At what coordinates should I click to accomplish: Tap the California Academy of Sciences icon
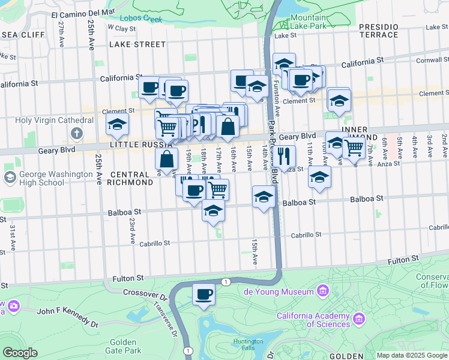360,317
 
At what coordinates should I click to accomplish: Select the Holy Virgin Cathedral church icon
76,133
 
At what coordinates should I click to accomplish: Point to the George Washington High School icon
10,177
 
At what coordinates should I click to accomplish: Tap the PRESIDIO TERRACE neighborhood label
378,31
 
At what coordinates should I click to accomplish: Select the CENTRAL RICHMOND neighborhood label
131,178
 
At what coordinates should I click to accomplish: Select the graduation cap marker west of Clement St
117,124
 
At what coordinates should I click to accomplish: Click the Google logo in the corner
20,352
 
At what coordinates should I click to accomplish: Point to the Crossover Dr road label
144,292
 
